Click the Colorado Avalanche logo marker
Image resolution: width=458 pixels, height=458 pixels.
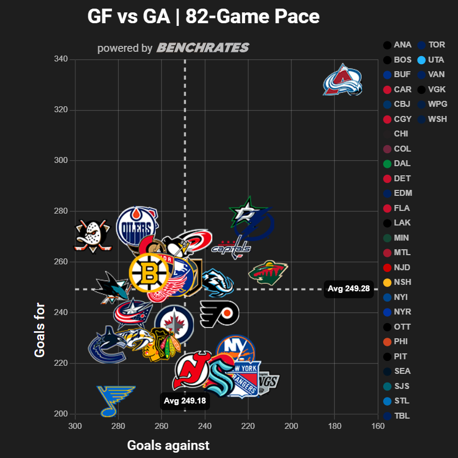pos(343,80)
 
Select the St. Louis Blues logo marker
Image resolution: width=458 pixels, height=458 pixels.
pos(115,401)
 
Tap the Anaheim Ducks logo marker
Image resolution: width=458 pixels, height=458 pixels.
pos(93,236)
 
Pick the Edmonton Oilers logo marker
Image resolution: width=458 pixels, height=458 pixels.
pos(137,225)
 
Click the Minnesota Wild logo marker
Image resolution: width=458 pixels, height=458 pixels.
pos(268,272)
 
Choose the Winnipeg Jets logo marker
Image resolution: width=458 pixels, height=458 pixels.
pos(174,325)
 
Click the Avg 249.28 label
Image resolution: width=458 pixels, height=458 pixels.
pos(349,289)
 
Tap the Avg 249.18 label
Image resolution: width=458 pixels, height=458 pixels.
pos(185,401)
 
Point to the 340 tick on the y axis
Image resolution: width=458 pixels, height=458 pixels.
pos(61,59)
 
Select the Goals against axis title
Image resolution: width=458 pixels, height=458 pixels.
pos(168,445)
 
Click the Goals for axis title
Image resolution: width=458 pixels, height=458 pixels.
pos(40,329)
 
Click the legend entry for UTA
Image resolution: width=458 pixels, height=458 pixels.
pos(431,60)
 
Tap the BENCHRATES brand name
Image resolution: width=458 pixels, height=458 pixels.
pos(203,48)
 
